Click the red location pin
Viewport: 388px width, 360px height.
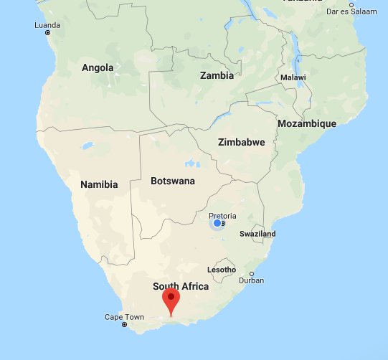pos(171,299)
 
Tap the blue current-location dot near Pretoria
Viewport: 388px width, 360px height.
pos(217,224)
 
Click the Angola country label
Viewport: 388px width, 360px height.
pos(98,67)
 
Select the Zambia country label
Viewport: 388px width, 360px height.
pos(217,75)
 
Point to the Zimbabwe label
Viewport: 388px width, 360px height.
pos(241,142)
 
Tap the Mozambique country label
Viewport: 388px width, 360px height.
pos(306,123)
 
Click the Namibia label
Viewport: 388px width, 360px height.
pos(99,184)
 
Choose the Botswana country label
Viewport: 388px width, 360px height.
pos(173,181)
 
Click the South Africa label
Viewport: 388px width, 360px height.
pos(181,286)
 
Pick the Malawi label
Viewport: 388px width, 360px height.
pos(293,77)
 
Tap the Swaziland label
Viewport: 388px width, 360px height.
pos(257,234)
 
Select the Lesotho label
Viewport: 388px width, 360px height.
pos(221,270)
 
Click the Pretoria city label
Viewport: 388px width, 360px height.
pos(222,215)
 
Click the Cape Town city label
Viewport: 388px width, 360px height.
pos(124,316)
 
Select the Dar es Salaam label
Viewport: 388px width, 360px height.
pos(351,11)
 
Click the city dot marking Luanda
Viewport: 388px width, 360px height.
pos(48,32)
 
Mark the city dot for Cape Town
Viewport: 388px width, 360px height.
pos(125,325)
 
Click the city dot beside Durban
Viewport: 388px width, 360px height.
pos(252,274)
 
